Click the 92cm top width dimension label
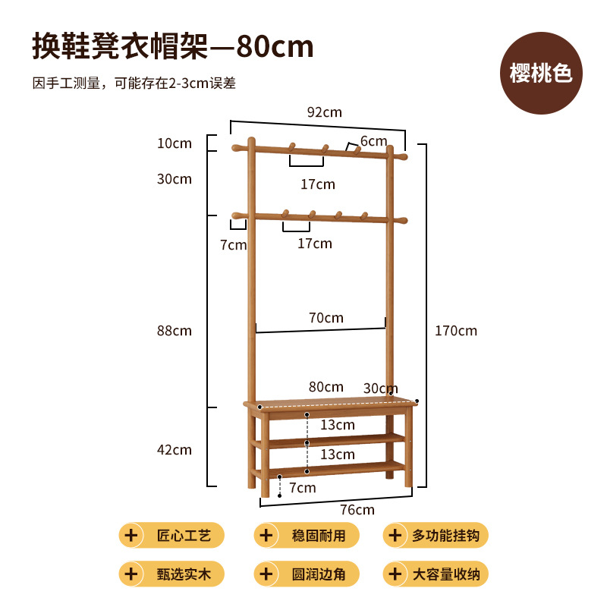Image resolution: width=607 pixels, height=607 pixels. (325, 112)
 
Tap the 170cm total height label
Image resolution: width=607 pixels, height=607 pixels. (456, 331)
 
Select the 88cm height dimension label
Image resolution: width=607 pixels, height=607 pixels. (175, 331)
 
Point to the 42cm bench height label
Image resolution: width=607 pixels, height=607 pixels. (175, 450)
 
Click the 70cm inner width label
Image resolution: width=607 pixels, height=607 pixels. (326, 318)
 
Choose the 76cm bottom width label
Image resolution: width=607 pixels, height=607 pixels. (357, 510)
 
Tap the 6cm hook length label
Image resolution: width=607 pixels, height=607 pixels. (373, 141)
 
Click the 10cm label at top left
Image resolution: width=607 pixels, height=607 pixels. (175, 143)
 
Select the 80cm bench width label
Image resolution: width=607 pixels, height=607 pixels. (326, 387)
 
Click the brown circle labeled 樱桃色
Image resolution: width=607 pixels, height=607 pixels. (541, 73)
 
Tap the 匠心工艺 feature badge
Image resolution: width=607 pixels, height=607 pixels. (171, 536)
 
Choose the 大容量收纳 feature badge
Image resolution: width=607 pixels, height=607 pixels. (436, 574)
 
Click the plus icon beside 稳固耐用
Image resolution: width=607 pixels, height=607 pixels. (266, 536)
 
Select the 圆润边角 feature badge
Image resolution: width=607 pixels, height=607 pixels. (307, 574)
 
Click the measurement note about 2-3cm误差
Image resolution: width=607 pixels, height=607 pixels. (134, 83)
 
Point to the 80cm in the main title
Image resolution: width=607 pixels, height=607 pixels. (275, 47)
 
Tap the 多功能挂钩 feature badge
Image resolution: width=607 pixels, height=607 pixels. (436, 536)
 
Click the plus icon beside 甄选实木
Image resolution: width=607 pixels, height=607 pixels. (131, 574)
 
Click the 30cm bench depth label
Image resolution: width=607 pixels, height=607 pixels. (381, 388)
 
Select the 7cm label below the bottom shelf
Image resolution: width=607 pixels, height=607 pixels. (302, 488)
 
